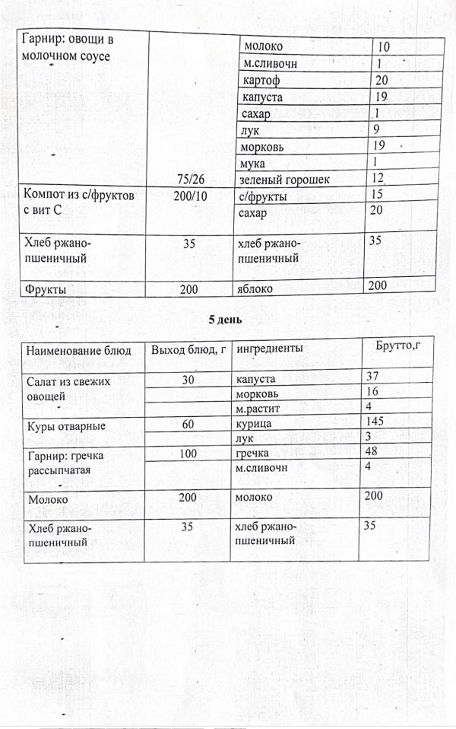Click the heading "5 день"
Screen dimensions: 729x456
coord(226,320)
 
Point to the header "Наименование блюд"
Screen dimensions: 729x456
coord(79,350)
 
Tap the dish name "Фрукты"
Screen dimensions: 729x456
coord(46,290)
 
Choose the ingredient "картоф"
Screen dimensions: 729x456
coord(260,81)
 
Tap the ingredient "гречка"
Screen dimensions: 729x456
coord(254,454)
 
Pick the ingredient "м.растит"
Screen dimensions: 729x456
coord(258,408)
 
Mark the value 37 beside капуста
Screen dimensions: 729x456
coord(372,376)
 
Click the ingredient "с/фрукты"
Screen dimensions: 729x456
coord(262,196)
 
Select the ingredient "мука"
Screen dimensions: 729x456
coord(252,163)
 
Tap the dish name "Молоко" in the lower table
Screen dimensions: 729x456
coord(47,499)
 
